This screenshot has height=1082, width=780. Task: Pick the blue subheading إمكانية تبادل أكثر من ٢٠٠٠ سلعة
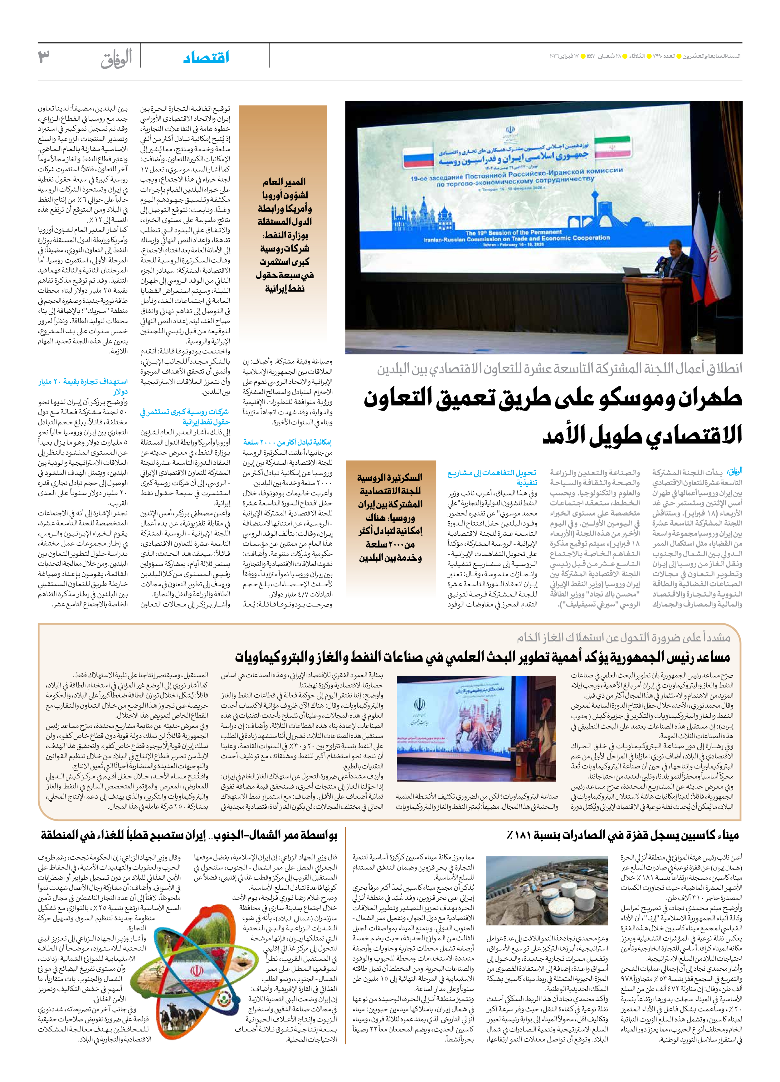[x=287, y=442]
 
